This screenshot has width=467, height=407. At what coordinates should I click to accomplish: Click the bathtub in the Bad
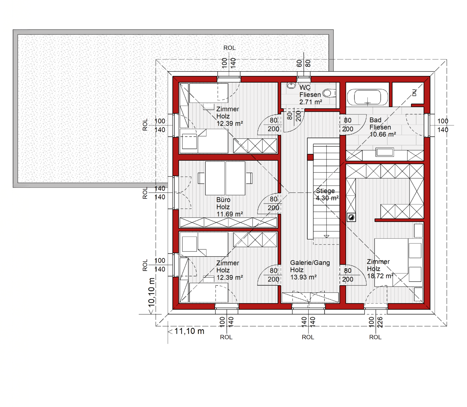[x=367, y=97]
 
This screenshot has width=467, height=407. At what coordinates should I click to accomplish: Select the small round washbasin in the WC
[x=291, y=85]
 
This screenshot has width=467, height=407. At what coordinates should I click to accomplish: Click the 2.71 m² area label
[x=311, y=102]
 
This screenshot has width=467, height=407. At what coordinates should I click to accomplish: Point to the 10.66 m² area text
[x=383, y=134]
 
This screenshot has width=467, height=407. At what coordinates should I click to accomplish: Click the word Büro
[x=223, y=200]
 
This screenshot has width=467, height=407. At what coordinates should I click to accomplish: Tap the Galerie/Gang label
[x=310, y=263]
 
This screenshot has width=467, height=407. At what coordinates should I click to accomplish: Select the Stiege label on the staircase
[x=325, y=191]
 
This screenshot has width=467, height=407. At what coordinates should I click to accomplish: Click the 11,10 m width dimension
[x=189, y=331]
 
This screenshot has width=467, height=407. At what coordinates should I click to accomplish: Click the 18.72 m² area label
[x=380, y=276]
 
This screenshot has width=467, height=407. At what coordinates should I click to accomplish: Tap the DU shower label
[x=414, y=93]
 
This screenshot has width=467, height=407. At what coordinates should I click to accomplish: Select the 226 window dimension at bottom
[x=380, y=322]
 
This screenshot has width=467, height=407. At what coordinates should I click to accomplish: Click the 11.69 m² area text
[x=230, y=214]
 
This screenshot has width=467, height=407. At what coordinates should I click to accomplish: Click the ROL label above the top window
[x=229, y=48]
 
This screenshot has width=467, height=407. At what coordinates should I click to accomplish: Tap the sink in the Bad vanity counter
[x=384, y=152]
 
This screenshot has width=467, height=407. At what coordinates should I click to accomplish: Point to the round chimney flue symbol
[x=351, y=217]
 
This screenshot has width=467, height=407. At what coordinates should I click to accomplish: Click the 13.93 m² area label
[x=303, y=277]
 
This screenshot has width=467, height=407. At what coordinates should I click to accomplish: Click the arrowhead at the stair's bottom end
[x=326, y=236]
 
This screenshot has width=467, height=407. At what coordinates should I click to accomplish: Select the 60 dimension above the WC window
[x=299, y=63]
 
